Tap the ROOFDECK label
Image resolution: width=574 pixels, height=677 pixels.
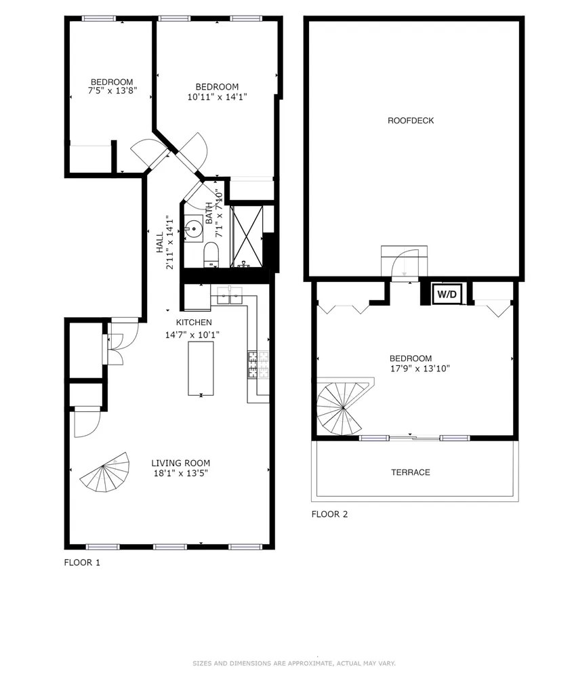[x=411, y=121]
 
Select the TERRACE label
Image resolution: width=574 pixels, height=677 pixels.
[x=411, y=472]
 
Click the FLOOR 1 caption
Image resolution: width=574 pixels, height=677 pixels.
[x=82, y=562]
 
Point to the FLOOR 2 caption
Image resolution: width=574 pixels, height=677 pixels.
[x=329, y=514]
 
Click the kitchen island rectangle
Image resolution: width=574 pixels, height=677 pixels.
[x=201, y=368]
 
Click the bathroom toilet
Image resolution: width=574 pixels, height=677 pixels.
[x=211, y=255]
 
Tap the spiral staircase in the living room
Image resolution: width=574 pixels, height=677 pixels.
[x=104, y=472]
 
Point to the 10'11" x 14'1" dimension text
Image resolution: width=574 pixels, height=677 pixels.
[x=217, y=96]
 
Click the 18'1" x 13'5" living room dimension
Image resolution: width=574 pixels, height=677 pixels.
[x=180, y=473]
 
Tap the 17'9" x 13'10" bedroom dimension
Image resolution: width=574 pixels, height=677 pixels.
[x=420, y=369]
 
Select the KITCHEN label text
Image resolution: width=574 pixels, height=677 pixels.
[x=194, y=323]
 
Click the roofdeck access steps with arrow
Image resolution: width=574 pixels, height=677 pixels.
[x=405, y=262]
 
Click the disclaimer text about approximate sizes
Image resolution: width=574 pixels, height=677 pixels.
[x=294, y=663]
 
